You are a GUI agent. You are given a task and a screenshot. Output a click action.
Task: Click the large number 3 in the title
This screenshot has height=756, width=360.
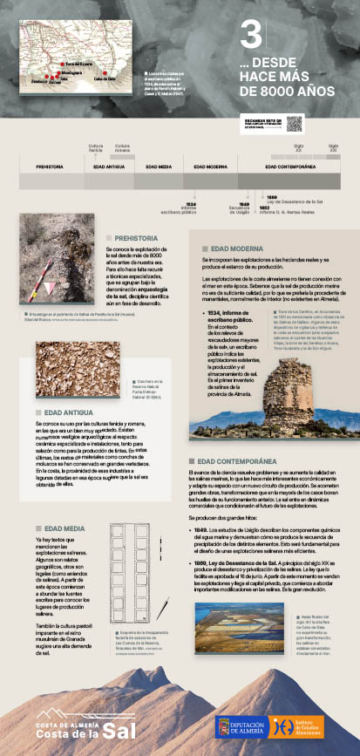251,37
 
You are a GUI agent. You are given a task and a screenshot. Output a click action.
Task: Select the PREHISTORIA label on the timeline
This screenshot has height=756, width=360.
50,165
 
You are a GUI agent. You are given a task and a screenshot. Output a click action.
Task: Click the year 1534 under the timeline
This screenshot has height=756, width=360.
190,203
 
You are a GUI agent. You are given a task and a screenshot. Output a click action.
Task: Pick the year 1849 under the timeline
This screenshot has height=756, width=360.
244,203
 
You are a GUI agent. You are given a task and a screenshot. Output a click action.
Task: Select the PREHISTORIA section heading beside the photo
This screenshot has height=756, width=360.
136,237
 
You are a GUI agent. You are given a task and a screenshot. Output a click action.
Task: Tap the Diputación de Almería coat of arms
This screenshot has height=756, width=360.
224,726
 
